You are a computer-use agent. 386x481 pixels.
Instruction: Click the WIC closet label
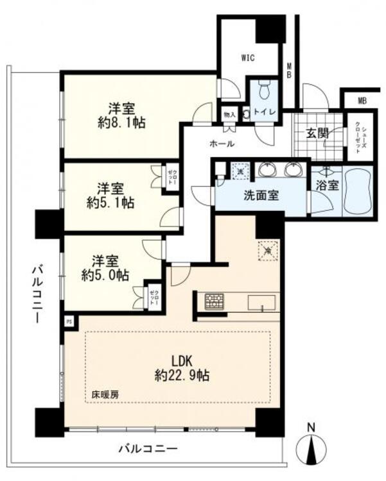pyautogui.click(x=248, y=58)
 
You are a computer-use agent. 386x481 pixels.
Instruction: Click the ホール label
pyautogui.click(x=222, y=143)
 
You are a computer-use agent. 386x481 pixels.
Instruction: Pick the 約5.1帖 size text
pyautogui.click(x=110, y=203)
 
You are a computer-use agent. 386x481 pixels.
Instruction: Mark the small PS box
pyautogui.click(x=68, y=319)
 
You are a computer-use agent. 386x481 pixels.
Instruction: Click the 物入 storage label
pyautogui.click(x=230, y=114)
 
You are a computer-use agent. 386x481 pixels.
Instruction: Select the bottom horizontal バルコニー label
pyautogui.click(x=148, y=448)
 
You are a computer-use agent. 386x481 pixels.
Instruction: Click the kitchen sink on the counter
pyautogui.click(x=261, y=302)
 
